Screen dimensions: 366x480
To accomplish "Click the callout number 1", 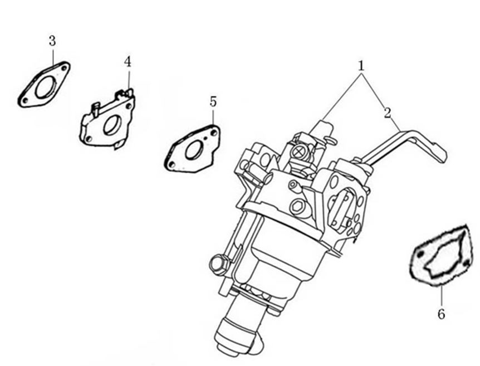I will point(361,65).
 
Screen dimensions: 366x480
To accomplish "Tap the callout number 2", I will point(388,113).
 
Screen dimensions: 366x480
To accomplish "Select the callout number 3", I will point(52,41).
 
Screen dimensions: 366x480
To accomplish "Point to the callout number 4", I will point(128,61).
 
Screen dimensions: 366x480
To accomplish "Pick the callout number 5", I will point(213,101).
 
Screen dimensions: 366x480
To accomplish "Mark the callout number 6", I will point(441,315).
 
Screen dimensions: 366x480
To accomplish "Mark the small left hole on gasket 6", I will point(422,255).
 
